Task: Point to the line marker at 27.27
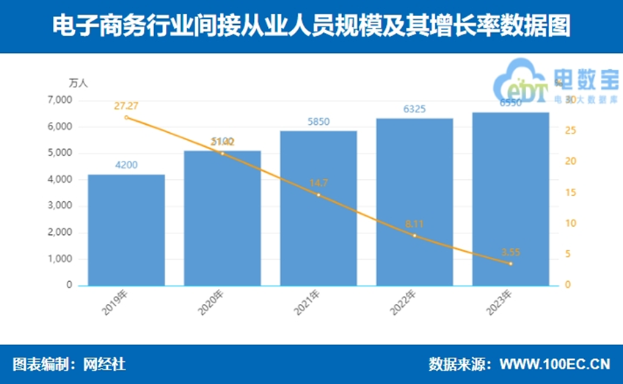coord(126,117)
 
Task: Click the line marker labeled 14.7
coord(318,195)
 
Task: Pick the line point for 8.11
coord(415,236)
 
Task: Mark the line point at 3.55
coord(511,264)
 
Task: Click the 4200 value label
coord(126,165)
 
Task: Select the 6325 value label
coord(415,109)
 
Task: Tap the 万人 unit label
coord(78,83)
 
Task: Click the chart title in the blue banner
coord(311,27)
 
